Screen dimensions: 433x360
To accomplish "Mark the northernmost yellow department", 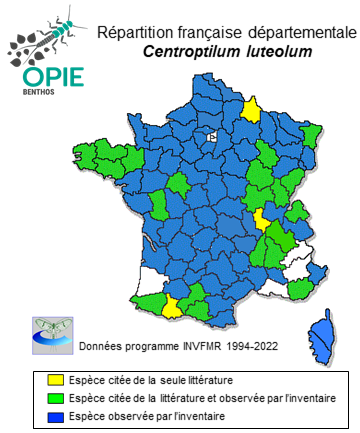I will coord(253,108).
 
